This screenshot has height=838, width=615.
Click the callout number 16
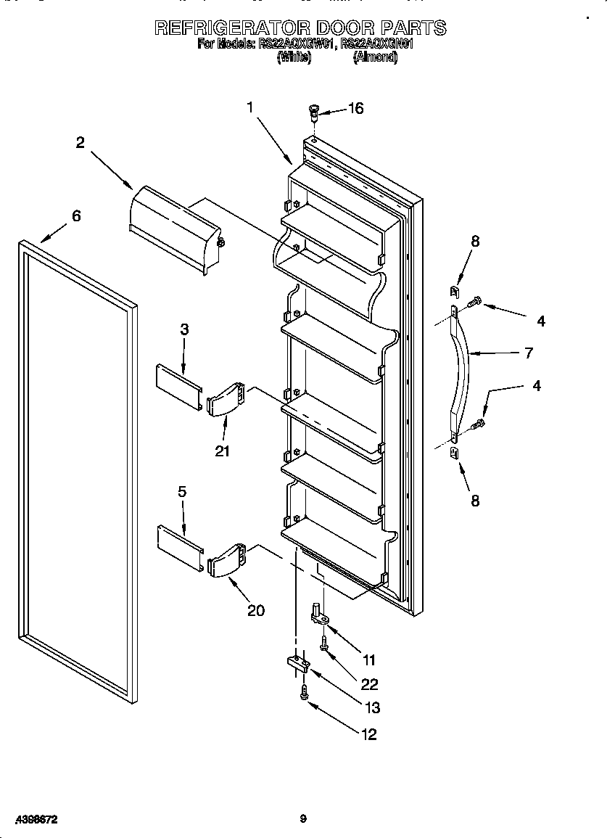pos(355,109)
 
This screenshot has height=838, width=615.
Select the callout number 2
pos(80,143)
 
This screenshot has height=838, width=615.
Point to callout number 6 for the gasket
pos(76,215)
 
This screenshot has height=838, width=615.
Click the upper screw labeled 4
pos(474,300)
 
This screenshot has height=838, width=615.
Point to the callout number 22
pos(369,684)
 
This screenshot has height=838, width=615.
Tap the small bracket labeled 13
pos(297,663)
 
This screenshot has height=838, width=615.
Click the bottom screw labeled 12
pos(305,694)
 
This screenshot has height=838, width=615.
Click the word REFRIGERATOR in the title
pos(233,28)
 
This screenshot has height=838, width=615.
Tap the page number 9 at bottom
pos(303,819)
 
